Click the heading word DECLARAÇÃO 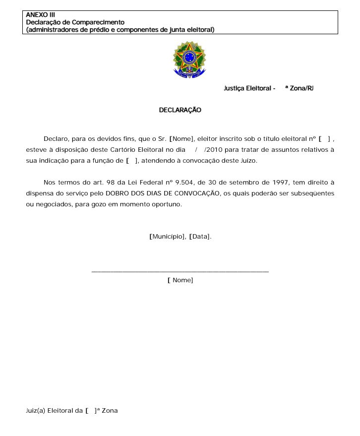[180, 110]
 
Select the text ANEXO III [40, 15]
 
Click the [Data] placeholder [200, 237]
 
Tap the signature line [180, 271]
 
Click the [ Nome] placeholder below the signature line [180, 280]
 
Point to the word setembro [244, 183]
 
